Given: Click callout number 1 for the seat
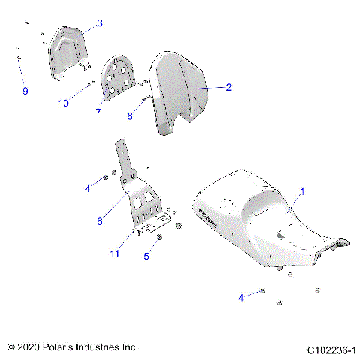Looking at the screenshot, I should pyautogui.click(x=302, y=192).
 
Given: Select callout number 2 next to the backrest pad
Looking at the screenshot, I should pyautogui.click(x=229, y=87).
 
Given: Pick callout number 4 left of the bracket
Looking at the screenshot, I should pyautogui.click(x=88, y=188).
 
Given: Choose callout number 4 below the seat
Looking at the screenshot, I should pyautogui.click(x=241, y=298).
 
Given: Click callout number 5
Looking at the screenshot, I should pyautogui.click(x=146, y=256).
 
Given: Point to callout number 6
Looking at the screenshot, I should pyautogui.click(x=98, y=220).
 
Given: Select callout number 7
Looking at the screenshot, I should pyautogui.click(x=98, y=112).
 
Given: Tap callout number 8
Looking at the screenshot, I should pyautogui.click(x=130, y=116).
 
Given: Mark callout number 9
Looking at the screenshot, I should pyautogui.click(x=25, y=91).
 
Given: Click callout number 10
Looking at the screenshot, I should pyautogui.click(x=64, y=103).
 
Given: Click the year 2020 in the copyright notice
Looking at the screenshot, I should pyautogui.click(x=31, y=348).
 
